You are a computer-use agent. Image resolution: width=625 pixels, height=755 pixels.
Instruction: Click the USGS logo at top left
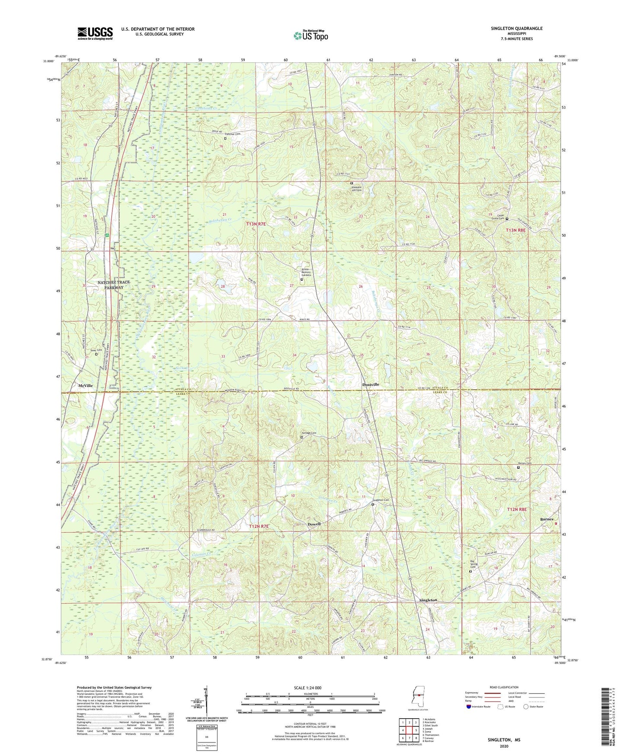click(x=95, y=33)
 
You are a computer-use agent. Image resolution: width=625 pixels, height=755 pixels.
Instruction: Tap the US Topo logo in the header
click(x=311, y=35)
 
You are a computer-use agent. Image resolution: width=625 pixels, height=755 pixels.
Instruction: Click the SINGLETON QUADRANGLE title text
click(x=516, y=29)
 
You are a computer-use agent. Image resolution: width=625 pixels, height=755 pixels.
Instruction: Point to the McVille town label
click(x=85, y=385)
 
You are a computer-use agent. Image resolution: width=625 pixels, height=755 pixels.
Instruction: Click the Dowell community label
click(x=314, y=524)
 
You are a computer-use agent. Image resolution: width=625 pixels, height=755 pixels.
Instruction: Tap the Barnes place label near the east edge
click(x=547, y=519)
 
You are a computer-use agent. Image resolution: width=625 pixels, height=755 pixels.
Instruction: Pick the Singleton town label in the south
click(x=428, y=600)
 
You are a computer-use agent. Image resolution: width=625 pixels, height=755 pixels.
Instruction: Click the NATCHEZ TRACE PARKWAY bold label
click(x=113, y=285)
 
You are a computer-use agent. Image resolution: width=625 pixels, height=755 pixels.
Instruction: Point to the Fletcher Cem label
click(x=232, y=134)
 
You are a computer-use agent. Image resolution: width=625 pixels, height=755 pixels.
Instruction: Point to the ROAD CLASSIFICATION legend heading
click(x=504, y=687)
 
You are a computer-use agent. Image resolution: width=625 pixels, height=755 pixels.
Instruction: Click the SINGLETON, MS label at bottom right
click(x=504, y=740)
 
